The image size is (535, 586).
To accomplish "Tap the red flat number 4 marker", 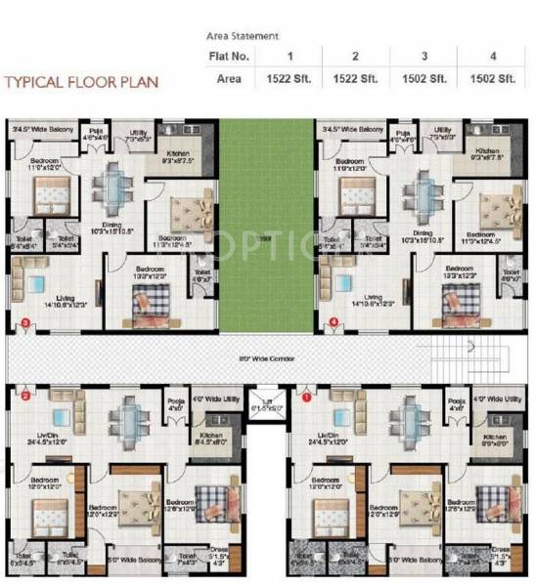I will coord(334,321).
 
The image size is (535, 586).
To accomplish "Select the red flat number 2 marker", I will coord(26,397).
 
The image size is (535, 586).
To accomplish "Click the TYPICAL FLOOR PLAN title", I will coord(81,81).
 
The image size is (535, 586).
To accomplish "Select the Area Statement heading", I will coord(242,35).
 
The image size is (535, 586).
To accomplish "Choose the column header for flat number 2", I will coord(355,56).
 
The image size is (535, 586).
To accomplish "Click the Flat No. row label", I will coord(230,56).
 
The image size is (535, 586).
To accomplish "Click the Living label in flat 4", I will coord(372,297).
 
